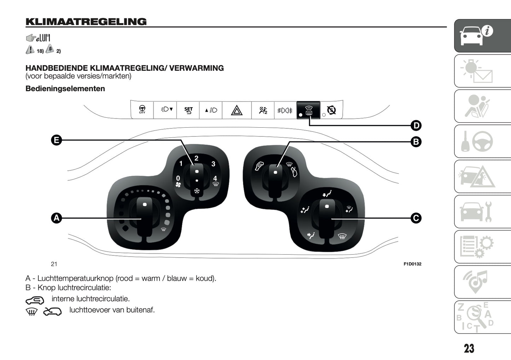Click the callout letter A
[x=56, y=218]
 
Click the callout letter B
[x=416, y=142]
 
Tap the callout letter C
[x=416, y=218]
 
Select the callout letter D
[x=416, y=126]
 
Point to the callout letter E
[x=56, y=140]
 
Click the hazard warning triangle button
[x=237, y=110]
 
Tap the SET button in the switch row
[x=188, y=110]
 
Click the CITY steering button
[x=142, y=110]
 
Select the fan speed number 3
[x=213, y=164]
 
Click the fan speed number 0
[x=178, y=178]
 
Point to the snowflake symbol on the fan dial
[x=197, y=191]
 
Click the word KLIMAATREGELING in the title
[x=86, y=22]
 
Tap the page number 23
[x=469, y=349]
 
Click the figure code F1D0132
[x=412, y=264]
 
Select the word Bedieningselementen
[x=65, y=89]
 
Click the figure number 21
[x=54, y=264]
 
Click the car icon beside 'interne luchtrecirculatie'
[x=35, y=301]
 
